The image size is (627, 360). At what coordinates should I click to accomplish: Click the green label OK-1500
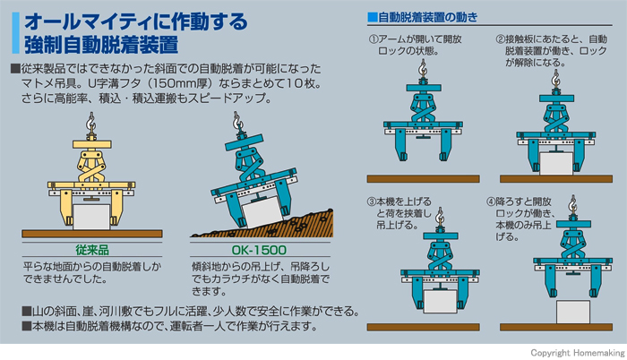point(259,250)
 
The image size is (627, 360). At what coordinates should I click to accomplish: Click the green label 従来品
point(92,250)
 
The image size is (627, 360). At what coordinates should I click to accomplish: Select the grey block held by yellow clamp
point(91,217)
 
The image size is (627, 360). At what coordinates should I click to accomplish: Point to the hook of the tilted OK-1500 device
point(237,121)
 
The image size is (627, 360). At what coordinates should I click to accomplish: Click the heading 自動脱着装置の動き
point(427,17)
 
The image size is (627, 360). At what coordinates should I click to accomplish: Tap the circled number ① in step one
point(374,39)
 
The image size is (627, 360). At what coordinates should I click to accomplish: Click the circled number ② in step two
point(500,39)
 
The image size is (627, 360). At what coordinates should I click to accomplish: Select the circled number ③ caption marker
point(372,201)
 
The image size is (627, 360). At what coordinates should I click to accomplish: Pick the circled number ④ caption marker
point(491,201)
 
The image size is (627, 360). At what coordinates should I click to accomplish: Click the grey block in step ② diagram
point(556,163)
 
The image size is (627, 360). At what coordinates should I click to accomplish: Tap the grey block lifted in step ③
point(440,302)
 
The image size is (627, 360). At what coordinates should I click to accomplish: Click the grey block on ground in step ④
point(572,312)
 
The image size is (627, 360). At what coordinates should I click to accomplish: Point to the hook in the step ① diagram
point(423,68)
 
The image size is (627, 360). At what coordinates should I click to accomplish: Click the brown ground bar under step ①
point(423,179)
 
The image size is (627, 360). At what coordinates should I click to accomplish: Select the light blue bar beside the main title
point(15,33)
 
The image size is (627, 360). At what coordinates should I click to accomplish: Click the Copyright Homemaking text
point(578,353)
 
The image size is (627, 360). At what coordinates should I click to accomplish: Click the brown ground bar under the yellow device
point(92,234)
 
